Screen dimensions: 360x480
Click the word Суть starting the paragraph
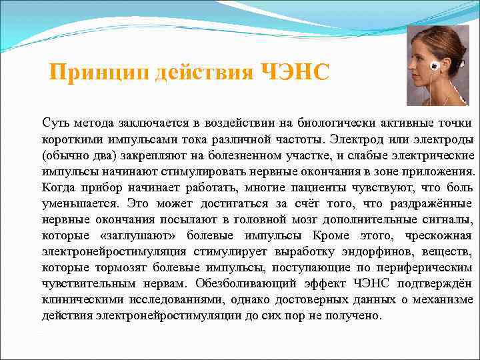[54, 123]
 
